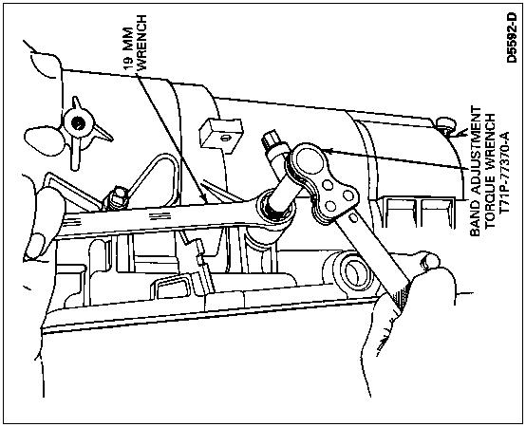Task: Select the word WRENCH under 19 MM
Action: [142, 43]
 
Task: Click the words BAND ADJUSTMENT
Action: [475, 172]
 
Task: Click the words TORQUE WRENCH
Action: [490, 171]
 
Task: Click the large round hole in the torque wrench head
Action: [310, 161]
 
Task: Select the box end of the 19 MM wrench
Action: [275, 210]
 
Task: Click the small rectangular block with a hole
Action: [221, 135]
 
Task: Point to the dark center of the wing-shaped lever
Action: [78, 123]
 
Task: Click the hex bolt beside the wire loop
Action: [117, 198]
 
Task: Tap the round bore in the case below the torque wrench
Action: [356, 273]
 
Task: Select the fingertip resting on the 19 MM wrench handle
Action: [35, 246]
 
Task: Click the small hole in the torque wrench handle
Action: [352, 218]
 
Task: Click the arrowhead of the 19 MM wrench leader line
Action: [204, 196]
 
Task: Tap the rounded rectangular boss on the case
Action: [172, 287]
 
